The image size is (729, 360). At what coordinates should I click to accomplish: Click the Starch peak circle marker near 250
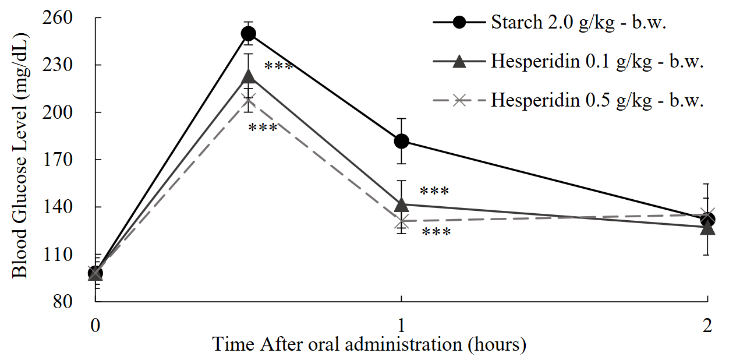(x=249, y=34)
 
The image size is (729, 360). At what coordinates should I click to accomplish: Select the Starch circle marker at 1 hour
(x=401, y=141)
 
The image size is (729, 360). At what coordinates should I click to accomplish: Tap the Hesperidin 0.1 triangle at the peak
(x=249, y=76)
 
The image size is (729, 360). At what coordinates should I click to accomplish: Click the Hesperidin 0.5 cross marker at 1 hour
(x=401, y=221)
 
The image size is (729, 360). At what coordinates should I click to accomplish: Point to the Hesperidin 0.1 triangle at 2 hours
(x=707, y=227)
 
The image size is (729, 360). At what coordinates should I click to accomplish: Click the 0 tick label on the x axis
(x=95, y=326)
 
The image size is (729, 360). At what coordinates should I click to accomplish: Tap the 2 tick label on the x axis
(x=707, y=326)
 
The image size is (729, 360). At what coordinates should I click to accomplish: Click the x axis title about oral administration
(x=369, y=344)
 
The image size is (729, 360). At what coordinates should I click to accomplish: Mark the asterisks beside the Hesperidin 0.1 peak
(x=278, y=66)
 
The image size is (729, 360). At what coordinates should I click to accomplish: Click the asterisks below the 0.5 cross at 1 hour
(x=436, y=233)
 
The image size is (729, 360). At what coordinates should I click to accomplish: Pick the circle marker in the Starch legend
(x=459, y=23)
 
